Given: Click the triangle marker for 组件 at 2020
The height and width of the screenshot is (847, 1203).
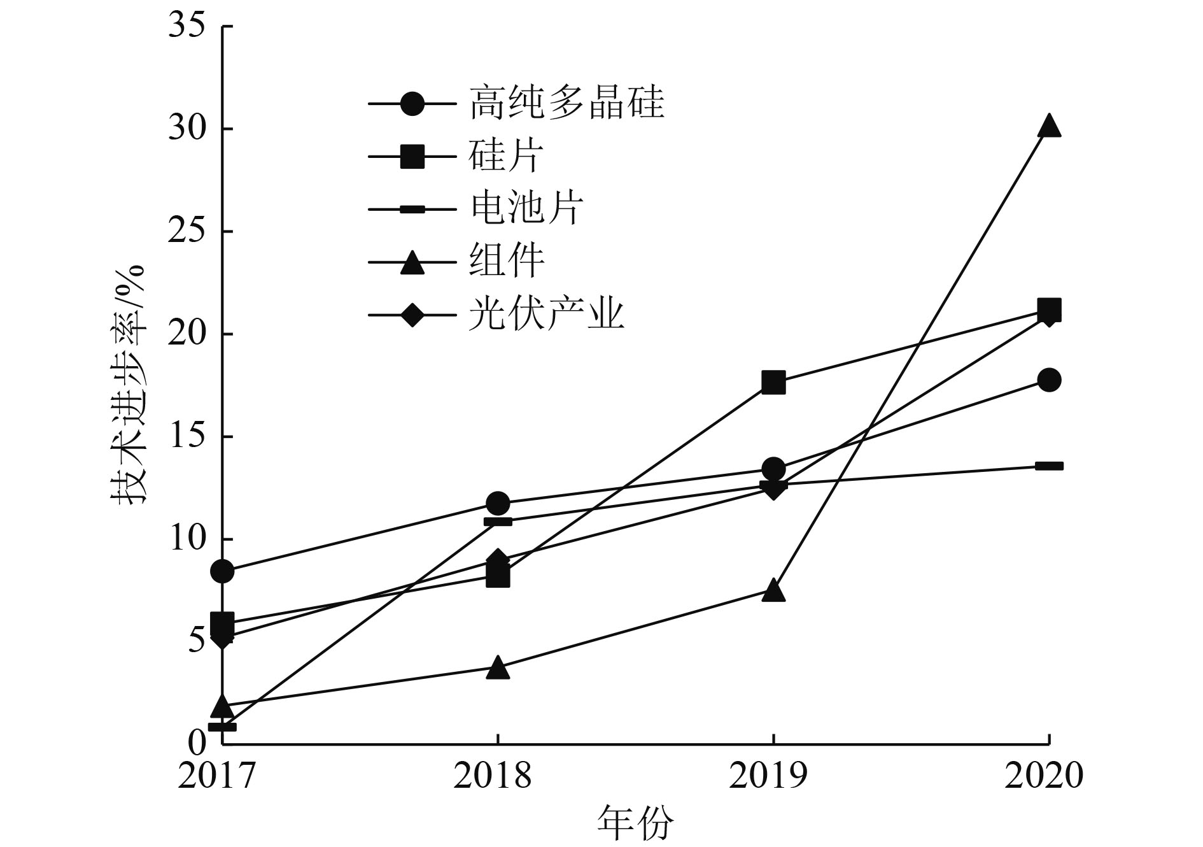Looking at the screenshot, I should pyautogui.click(x=1048, y=127).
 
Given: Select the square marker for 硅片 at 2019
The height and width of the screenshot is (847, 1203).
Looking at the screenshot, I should pyautogui.click(x=773, y=383).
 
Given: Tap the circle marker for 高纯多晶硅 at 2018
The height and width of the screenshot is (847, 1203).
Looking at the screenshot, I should pyautogui.click(x=498, y=503).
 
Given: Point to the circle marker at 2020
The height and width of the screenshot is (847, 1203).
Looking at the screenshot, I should pyautogui.click(x=1048, y=380).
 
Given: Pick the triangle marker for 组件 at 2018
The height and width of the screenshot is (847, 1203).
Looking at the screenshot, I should pyautogui.click(x=498, y=669).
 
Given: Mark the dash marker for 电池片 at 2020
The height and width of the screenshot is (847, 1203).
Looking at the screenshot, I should pyautogui.click(x=1048, y=466).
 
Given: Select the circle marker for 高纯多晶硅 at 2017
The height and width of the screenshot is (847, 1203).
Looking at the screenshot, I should pyautogui.click(x=222, y=571).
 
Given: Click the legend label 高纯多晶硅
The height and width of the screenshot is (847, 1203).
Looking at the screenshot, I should pyautogui.click(x=566, y=103).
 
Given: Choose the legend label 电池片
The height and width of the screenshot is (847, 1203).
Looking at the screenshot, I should pyautogui.click(x=526, y=208).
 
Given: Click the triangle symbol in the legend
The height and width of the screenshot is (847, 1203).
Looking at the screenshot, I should pyautogui.click(x=412, y=262).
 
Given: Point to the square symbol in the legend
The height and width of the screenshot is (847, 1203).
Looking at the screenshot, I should pyautogui.click(x=412, y=156).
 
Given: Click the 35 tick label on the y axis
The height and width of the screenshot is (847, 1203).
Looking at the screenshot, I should pyautogui.click(x=188, y=27).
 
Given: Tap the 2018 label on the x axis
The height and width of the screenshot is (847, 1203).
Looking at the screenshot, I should pyautogui.click(x=492, y=776).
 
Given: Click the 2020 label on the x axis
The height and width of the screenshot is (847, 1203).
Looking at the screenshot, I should pyautogui.click(x=1044, y=776).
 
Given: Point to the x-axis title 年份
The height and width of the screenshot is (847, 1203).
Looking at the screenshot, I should pyautogui.click(x=635, y=823).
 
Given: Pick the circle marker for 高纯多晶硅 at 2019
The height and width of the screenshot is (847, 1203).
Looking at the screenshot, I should pyautogui.click(x=773, y=469).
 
